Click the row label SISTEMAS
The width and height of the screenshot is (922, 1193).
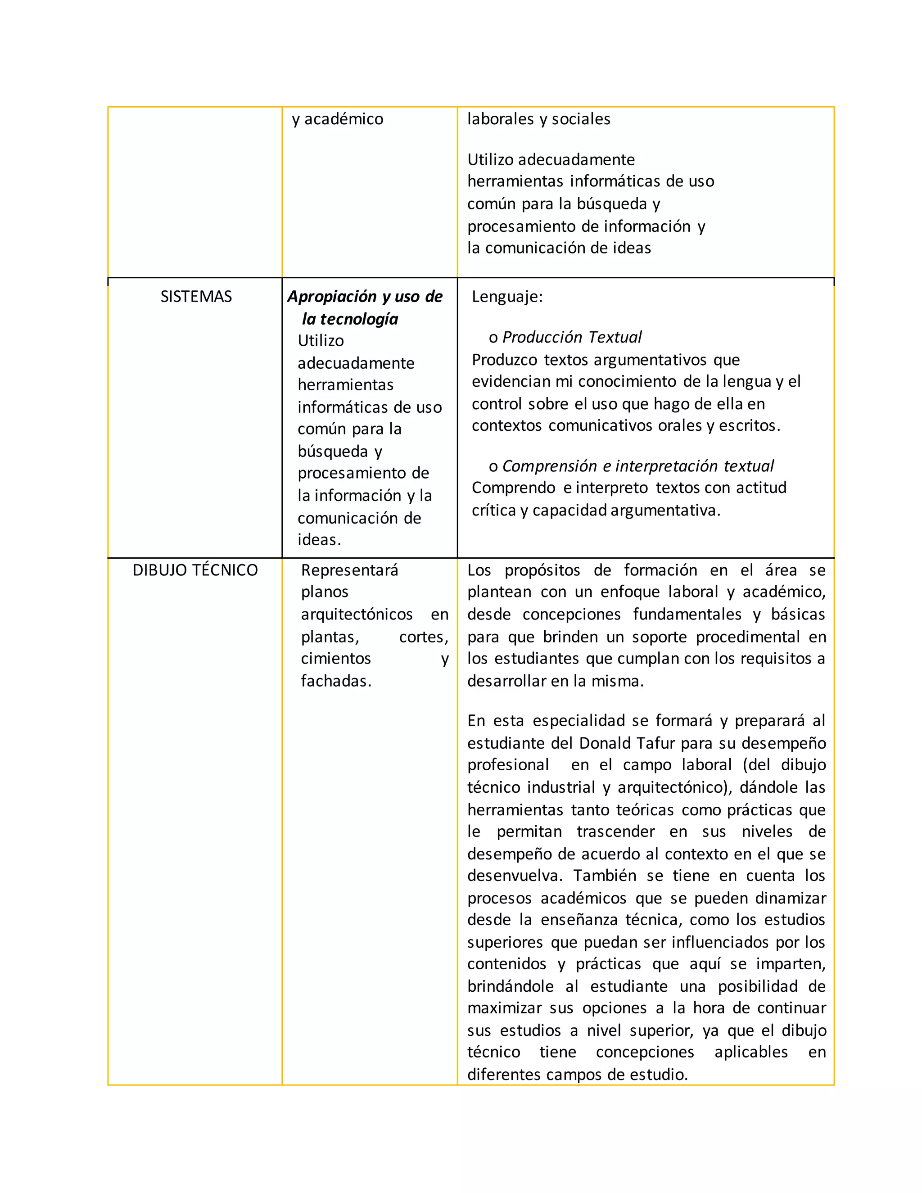[x=196, y=297]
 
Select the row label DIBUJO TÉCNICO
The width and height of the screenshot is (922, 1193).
[x=195, y=570]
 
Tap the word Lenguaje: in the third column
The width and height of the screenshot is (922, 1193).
[x=507, y=297]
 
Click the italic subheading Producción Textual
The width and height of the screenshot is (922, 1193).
[x=572, y=337]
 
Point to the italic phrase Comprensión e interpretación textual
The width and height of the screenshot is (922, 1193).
[x=637, y=466]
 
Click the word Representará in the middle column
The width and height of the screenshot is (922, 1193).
[x=349, y=570]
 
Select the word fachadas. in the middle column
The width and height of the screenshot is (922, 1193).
[x=336, y=681]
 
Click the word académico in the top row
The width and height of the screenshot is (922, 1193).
[x=343, y=119]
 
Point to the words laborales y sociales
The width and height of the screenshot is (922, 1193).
[x=538, y=119]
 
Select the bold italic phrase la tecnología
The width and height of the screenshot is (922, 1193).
[x=350, y=319]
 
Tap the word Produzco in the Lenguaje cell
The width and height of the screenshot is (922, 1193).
[x=504, y=360]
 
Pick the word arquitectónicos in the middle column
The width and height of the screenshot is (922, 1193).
[x=357, y=615]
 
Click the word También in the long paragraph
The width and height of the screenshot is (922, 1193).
[x=606, y=876]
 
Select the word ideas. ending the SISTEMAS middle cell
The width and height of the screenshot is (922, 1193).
[x=319, y=540]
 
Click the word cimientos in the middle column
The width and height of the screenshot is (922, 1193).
[x=335, y=659]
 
